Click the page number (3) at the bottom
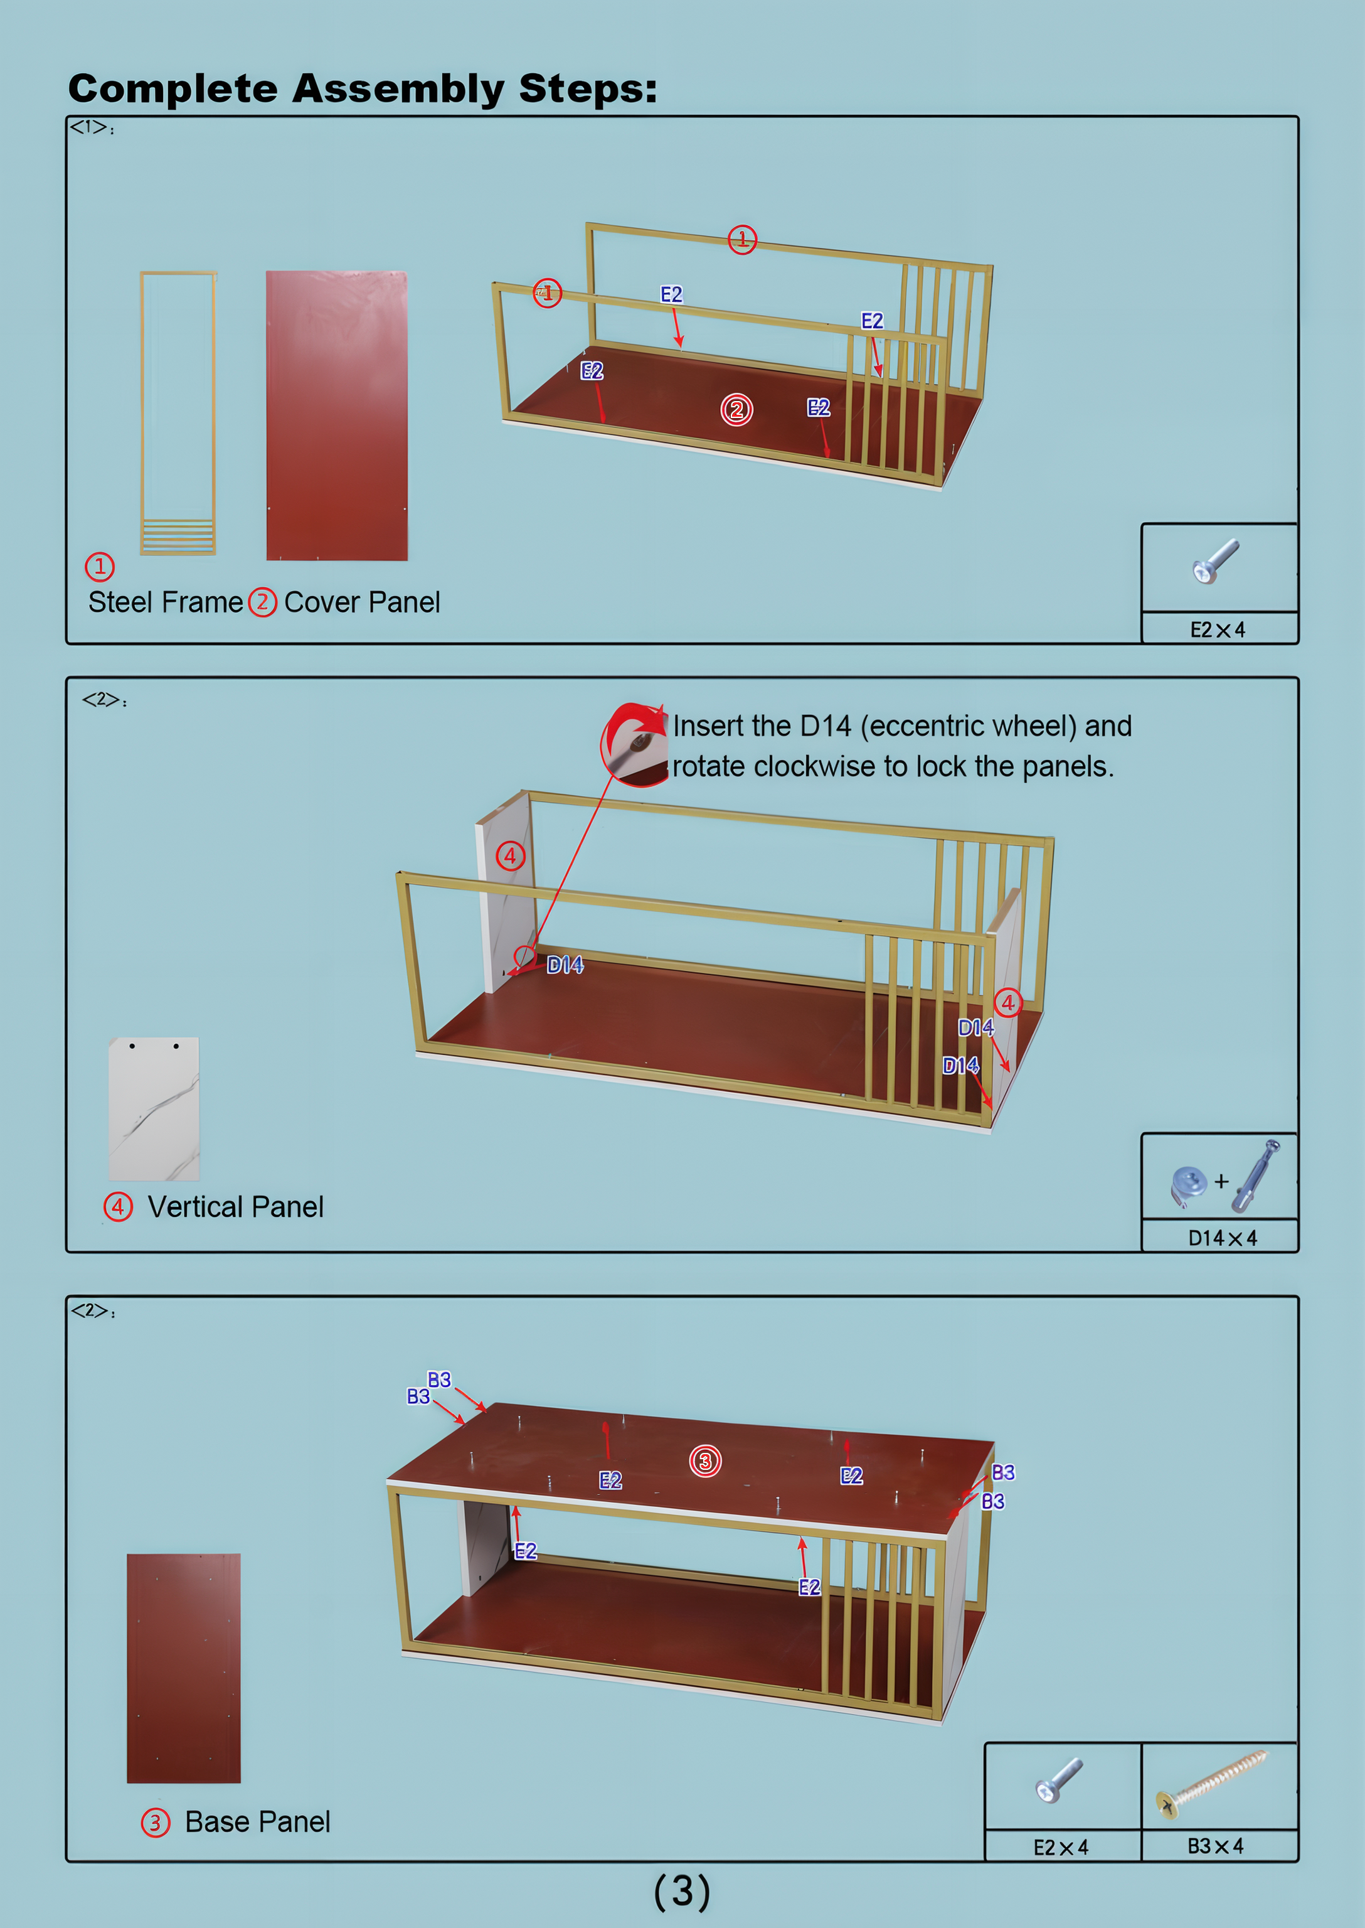coord(682,1891)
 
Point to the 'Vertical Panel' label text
coord(235,1207)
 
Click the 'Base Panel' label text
coord(257,1821)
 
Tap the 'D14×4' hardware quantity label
coord(1222,1238)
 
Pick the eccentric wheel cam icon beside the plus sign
coord(1189,1186)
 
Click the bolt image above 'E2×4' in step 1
coord(1215,561)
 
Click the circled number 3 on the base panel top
coord(705,1460)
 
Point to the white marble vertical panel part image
coord(154,1108)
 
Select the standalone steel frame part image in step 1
coord(178,413)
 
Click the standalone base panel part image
coord(183,1668)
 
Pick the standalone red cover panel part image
coord(337,415)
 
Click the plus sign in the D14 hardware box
coord(1221,1181)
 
